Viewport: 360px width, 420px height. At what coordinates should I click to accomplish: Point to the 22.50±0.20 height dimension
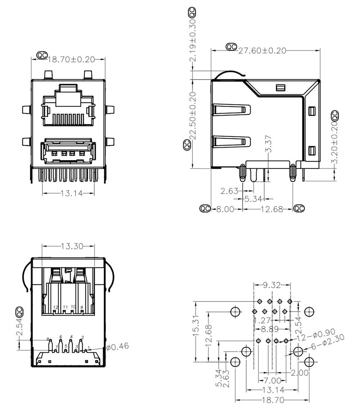pyautogui.click(x=193, y=116)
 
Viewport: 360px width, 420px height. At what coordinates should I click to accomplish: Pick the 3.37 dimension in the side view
pyautogui.click(x=268, y=144)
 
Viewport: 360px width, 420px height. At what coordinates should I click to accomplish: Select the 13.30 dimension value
pyautogui.click(x=72, y=246)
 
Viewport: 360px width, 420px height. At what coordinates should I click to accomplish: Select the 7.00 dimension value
pyautogui.click(x=272, y=380)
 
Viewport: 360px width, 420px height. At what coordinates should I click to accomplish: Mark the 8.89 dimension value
pyautogui.click(x=272, y=329)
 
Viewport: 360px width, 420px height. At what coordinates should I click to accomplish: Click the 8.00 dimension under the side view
pyautogui.click(x=225, y=209)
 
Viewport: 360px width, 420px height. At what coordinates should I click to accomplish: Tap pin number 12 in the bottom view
pyautogui.click(x=55, y=307)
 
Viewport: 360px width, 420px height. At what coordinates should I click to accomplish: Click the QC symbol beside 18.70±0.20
pyautogui.click(x=42, y=55)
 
